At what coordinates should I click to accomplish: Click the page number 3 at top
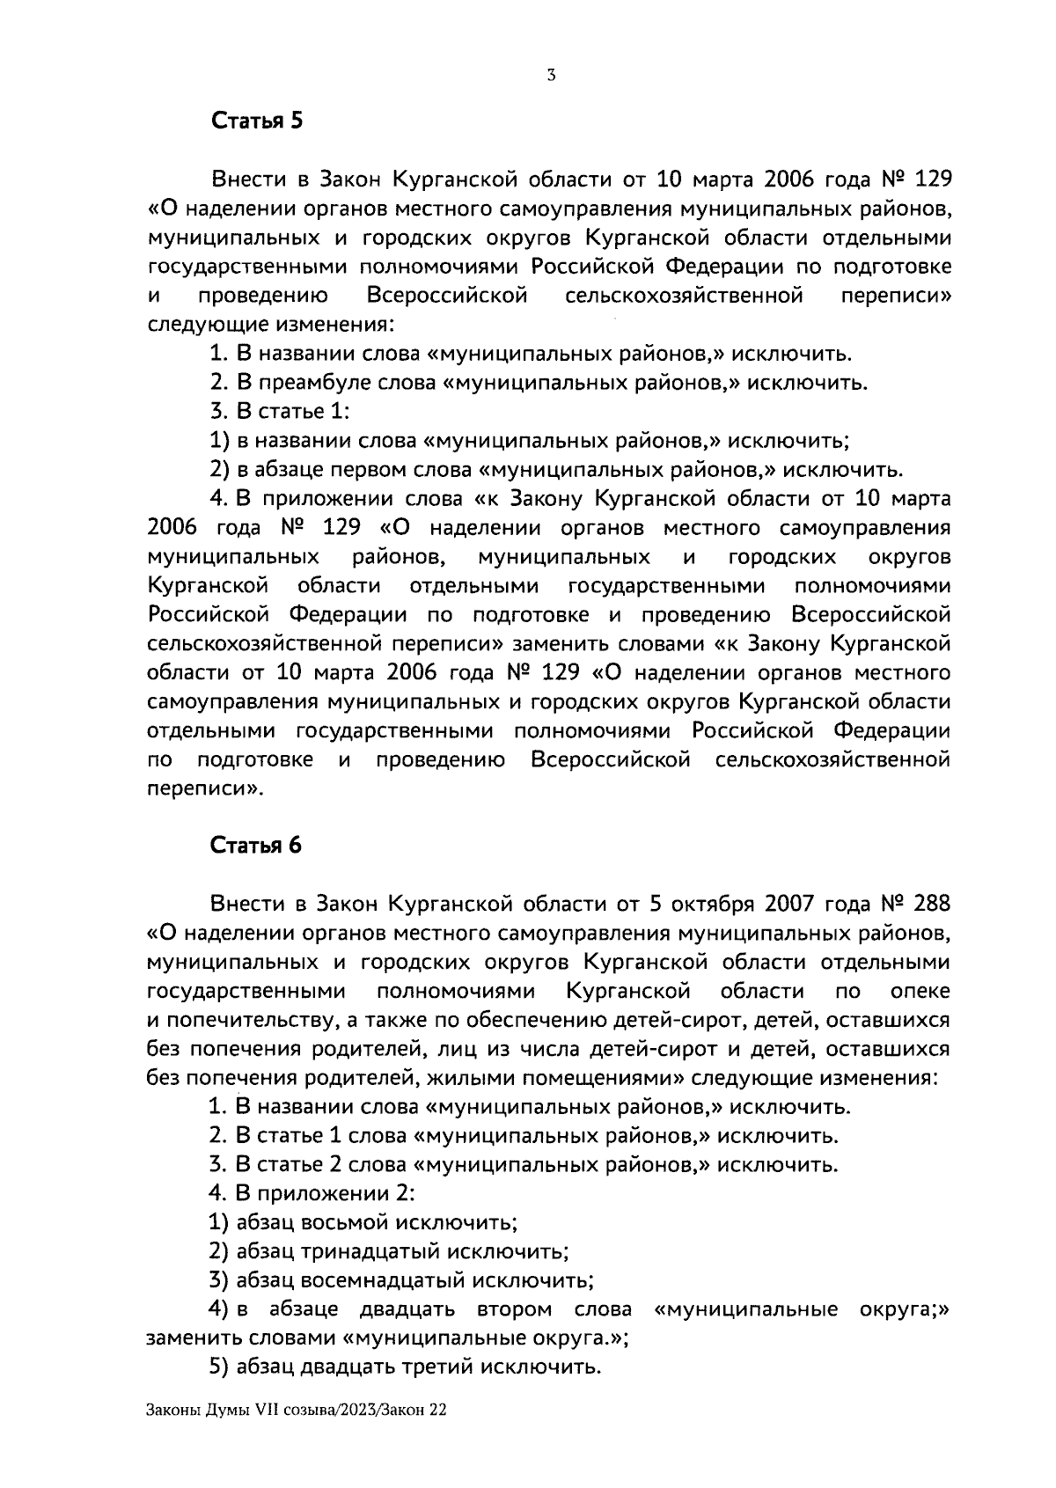550,76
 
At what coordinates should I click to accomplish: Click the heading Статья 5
256,121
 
